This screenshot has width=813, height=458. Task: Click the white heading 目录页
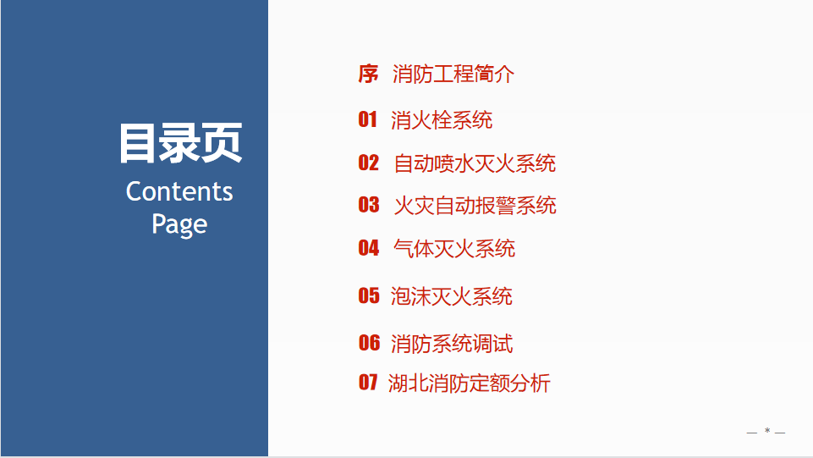[x=180, y=143]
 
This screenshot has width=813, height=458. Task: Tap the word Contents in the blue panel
[x=179, y=191]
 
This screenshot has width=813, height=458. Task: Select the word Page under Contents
[x=179, y=224]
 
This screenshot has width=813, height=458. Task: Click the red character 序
[x=368, y=74]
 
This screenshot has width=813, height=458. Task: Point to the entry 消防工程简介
[x=453, y=74]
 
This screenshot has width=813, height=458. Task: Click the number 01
[x=368, y=119]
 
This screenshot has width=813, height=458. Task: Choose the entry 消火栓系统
[x=442, y=120]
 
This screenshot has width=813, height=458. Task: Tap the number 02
[x=369, y=163]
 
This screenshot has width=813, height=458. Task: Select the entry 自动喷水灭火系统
[x=475, y=163]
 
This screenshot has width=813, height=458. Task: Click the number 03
[x=369, y=205]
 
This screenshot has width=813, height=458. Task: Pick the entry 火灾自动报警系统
[x=475, y=206]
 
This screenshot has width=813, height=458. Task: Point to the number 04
[x=369, y=248]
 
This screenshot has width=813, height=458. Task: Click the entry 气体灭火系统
[x=454, y=248]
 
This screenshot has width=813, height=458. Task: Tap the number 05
[x=369, y=295]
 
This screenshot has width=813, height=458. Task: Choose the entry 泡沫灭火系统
[x=451, y=296]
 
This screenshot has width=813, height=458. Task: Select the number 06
[x=369, y=343]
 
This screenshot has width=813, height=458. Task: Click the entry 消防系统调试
[x=452, y=344]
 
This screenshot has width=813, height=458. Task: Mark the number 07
[x=368, y=383]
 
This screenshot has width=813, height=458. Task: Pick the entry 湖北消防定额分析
[x=469, y=384]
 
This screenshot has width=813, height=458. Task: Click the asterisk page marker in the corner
[x=766, y=431]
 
